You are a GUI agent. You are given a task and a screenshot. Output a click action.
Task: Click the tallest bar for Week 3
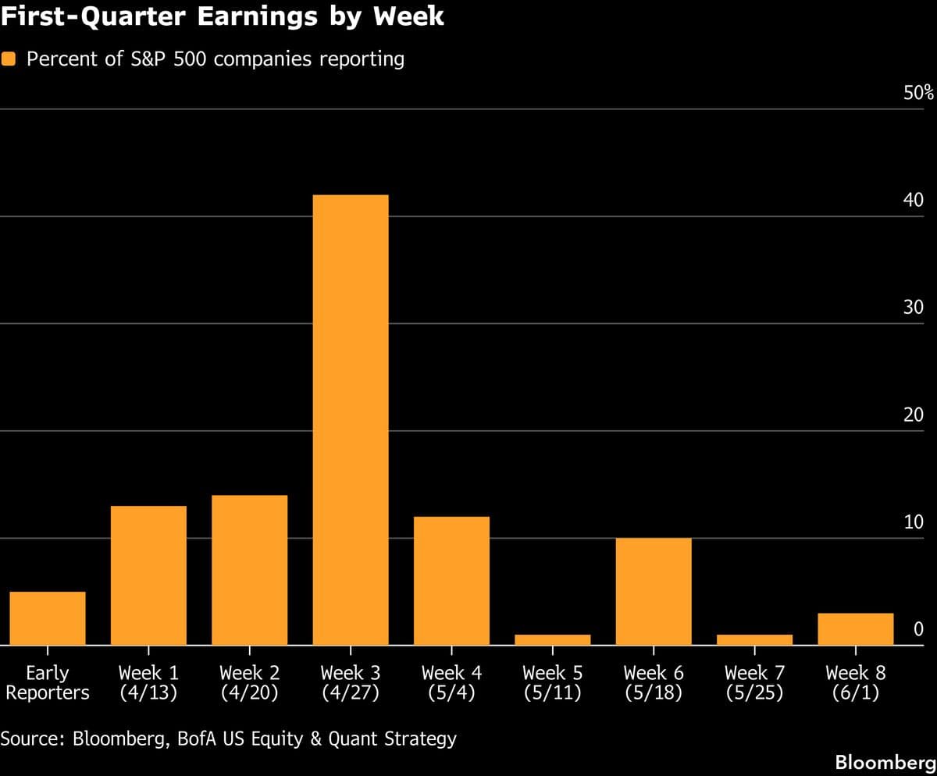351,419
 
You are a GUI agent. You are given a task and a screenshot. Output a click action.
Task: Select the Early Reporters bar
48,618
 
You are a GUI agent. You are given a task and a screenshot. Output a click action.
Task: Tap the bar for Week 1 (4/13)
148,575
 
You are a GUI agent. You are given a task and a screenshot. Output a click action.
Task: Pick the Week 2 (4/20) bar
249,570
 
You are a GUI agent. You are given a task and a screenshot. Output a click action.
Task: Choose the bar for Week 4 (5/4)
451,581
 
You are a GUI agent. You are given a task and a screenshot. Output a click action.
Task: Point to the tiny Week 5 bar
552,640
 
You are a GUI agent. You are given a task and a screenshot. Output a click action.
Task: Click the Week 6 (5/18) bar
654,591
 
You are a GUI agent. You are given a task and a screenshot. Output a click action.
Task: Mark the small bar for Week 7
754,640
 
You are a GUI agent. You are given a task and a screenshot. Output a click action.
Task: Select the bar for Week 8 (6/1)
855,629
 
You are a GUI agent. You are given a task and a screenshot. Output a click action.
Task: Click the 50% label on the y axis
918,93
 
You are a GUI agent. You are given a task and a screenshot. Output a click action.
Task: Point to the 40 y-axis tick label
914,201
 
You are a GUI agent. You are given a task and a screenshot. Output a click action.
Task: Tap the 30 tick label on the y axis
914,308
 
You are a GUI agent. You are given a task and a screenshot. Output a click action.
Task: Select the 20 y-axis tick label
914,415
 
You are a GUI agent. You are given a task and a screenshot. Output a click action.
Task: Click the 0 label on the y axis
919,629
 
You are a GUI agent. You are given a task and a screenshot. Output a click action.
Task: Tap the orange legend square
9,59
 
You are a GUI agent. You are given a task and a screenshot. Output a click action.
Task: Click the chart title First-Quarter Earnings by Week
223,17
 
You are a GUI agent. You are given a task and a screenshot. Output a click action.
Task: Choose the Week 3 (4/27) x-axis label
351,682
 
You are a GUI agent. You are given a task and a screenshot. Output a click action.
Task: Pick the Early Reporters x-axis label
48,682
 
